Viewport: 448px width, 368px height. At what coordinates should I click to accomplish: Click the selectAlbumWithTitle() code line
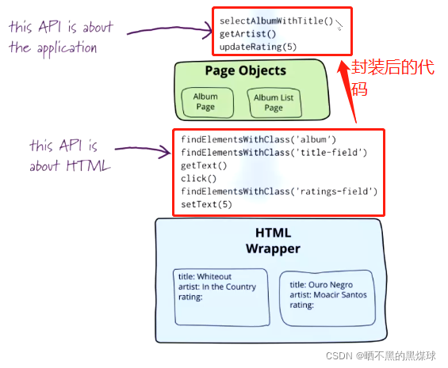click(x=276, y=21)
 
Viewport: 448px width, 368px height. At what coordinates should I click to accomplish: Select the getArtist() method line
click(x=247, y=34)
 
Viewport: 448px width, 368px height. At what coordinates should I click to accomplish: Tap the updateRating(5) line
click(x=258, y=47)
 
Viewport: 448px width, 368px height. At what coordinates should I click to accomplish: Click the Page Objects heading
click(x=246, y=70)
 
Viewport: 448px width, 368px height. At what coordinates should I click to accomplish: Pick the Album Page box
click(x=208, y=102)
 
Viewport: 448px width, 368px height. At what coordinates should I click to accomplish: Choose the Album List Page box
click(x=274, y=103)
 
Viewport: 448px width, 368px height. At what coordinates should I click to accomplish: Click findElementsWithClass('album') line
click(x=258, y=139)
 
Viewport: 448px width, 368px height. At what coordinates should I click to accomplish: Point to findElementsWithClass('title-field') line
click(x=274, y=153)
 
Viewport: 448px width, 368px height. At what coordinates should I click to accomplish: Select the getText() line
click(x=204, y=165)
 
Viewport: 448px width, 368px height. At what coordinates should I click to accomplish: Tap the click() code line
click(x=198, y=179)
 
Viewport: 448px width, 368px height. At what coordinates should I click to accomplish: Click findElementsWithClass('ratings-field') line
click(x=279, y=192)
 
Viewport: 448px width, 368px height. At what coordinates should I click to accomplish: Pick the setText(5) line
click(x=206, y=204)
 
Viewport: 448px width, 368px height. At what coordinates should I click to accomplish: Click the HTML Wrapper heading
click(x=273, y=241)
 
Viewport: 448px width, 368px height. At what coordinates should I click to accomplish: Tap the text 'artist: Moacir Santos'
click(x=328, y=294)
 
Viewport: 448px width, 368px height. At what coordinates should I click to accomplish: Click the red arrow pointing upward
click(x=348, y=92)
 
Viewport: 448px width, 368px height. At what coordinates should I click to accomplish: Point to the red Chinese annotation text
click(x=392, y=78)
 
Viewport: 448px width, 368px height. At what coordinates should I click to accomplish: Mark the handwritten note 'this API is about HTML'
click(x=70, y=155)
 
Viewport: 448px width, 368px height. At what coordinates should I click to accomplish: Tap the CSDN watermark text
click(x=381, y=356)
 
